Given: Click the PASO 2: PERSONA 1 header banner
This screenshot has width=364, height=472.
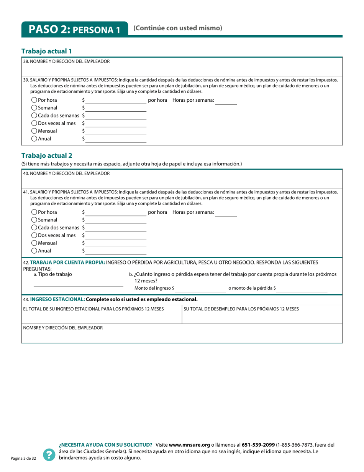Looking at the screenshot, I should [75, 30].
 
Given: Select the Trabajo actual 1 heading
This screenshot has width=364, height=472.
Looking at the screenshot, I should [46, 51].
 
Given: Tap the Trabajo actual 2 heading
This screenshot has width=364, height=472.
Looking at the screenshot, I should [46, 155].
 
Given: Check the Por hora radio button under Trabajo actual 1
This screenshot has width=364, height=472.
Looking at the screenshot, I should [34, 100].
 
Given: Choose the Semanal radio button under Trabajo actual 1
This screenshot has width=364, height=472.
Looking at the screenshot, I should [34, 108].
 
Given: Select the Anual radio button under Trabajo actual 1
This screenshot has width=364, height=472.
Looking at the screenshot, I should [34, 139].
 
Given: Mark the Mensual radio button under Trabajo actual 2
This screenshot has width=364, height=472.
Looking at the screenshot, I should [34, 243].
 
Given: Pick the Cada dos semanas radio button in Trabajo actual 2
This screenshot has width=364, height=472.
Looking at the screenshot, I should [34, 228].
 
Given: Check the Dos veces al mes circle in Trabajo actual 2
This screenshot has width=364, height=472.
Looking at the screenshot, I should [34, 235].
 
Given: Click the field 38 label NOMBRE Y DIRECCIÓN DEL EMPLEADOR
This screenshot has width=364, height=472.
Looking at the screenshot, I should [66, 61].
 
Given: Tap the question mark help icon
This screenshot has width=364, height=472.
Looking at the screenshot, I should [49, 455].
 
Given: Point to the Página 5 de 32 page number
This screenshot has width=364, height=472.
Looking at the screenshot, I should [23, 459].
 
